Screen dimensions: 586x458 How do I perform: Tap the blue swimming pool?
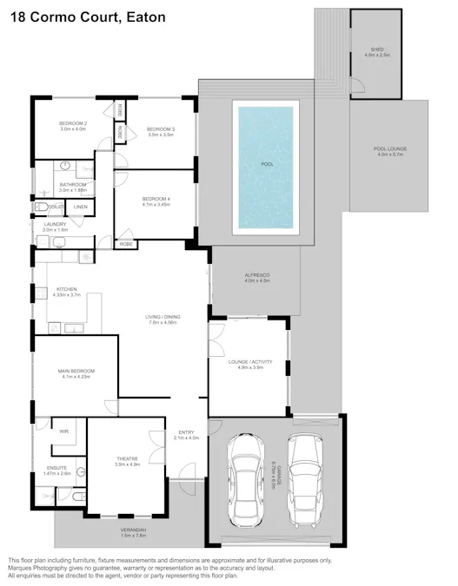(266, 165)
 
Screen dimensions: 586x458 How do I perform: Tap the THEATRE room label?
(128, 461)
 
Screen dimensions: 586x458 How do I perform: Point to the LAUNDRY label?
(55, 226)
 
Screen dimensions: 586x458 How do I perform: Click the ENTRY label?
(187, 434)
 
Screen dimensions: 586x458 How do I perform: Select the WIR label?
(63, 431)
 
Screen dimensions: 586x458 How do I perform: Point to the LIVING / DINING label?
(163, 319)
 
